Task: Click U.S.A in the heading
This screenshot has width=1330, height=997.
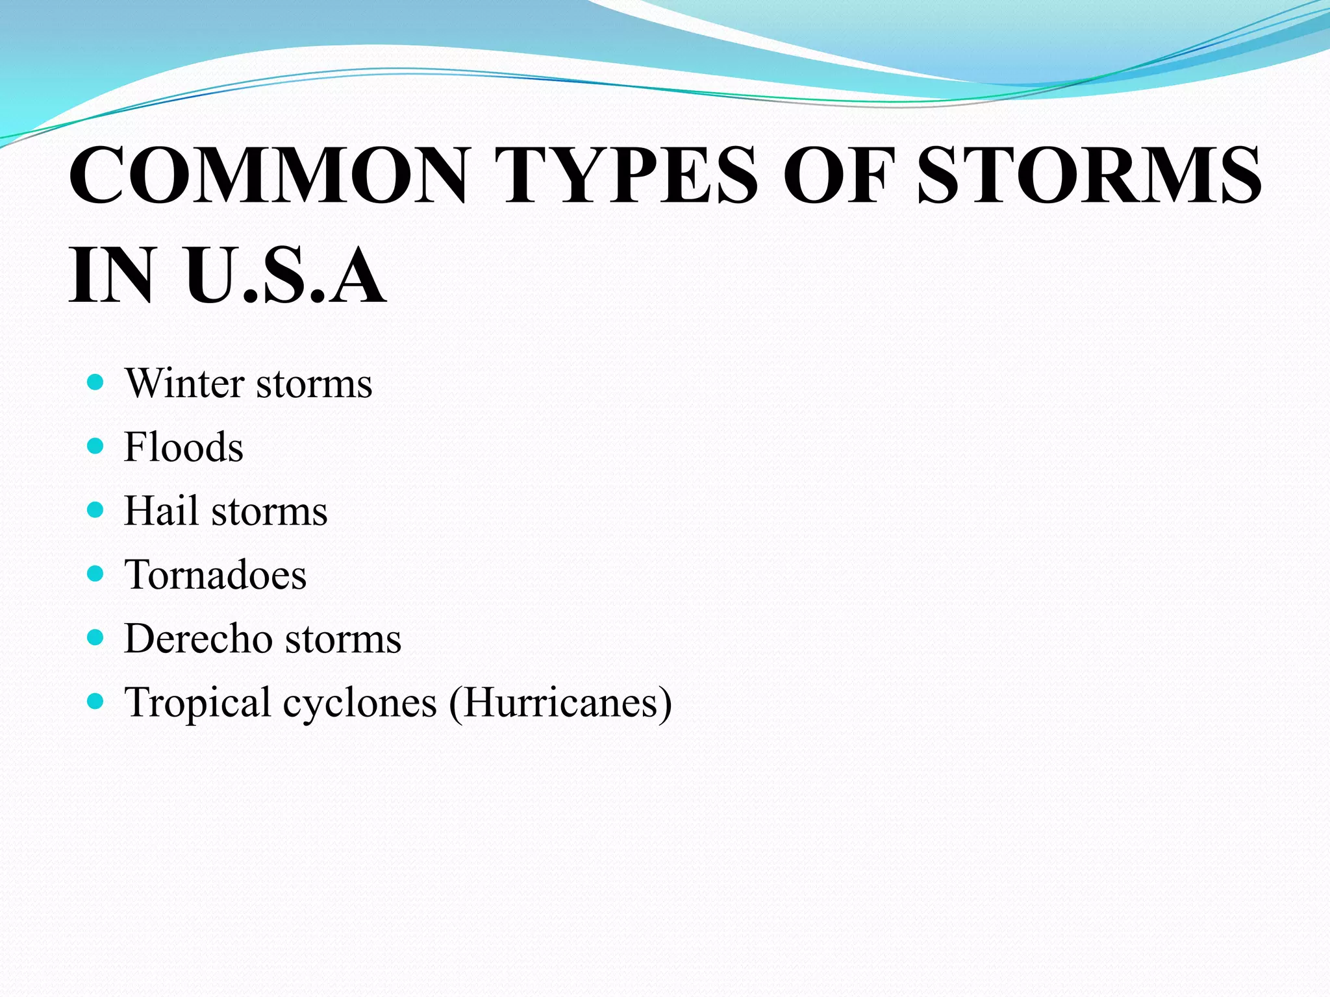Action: [286, 275]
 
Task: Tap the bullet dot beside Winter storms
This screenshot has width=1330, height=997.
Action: [95, 382]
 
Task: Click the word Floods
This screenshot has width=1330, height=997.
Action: [184, 447]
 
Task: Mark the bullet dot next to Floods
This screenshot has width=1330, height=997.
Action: [95, 446]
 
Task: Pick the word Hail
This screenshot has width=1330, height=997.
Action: [161, 511]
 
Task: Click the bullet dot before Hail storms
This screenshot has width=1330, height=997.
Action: [95, 510]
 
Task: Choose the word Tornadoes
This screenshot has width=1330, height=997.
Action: [215, 575]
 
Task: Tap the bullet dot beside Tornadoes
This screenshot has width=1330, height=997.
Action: [95, 573]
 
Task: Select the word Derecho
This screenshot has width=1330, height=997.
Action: [198, 639]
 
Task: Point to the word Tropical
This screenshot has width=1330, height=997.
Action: [198, 704]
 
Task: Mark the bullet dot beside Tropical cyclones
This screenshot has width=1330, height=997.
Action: [95, 701]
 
